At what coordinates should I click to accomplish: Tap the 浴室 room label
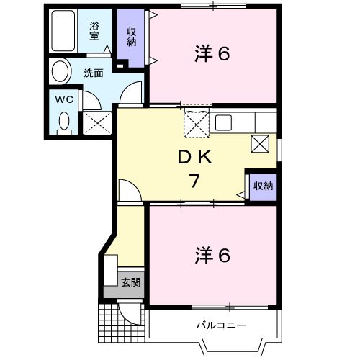(94, 30)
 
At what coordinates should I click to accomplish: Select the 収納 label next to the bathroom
(132, 35)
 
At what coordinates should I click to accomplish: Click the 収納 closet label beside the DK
(262, 186)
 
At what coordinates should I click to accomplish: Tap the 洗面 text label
(93, 73)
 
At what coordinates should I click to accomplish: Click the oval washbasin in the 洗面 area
(60, 72)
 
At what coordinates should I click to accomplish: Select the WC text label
(63, 99)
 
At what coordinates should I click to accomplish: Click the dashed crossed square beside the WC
(96, 122)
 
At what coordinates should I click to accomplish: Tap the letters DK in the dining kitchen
(192, 158)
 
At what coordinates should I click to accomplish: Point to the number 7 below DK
(194, 181)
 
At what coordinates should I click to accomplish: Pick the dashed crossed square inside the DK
(197, 123)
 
